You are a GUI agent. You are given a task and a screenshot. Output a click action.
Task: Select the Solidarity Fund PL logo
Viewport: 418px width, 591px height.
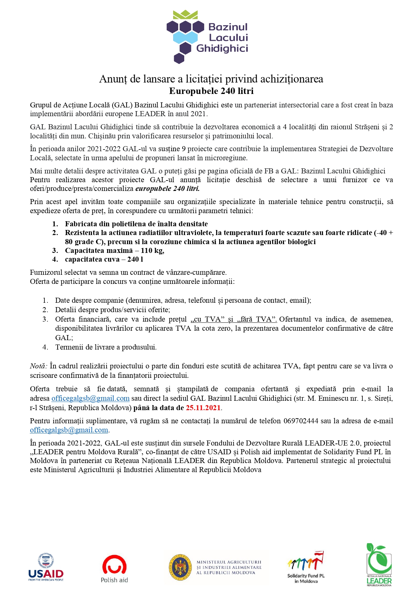tap(306, 567)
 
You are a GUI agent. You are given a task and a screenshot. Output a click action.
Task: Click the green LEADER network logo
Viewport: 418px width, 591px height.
tap(379, 564)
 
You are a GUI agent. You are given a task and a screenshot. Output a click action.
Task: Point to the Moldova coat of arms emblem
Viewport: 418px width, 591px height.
tap(180, 567)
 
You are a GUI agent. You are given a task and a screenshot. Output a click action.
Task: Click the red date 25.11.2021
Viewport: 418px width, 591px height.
tap(203, 408)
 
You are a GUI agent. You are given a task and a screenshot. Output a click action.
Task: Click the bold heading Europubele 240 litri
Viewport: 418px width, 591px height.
tap(211, 91)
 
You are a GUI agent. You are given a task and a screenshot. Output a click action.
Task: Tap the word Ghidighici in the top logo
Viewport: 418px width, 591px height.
tap(222, 48)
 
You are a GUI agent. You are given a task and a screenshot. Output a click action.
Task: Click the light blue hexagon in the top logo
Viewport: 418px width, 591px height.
tap(185, 37)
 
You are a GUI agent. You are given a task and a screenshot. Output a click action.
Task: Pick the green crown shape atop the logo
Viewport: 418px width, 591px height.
tap(185, 14)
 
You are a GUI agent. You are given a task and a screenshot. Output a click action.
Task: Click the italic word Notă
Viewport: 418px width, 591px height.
tap(38, 366)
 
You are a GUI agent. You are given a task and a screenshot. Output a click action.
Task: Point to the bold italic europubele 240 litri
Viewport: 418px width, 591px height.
tap(167, 189)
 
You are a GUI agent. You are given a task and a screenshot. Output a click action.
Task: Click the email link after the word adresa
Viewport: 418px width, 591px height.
tap(90, 398)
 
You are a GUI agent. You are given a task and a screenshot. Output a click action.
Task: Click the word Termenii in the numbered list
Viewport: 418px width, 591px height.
tap(68, 347)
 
